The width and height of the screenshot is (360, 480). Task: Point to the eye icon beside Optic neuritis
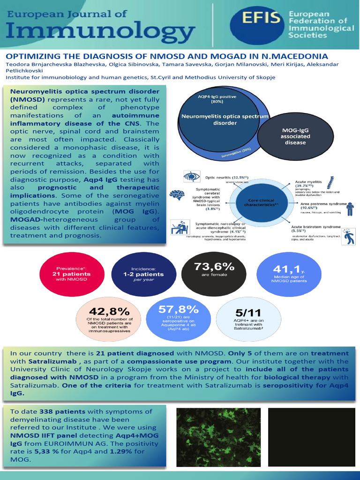click(x=191, y=177)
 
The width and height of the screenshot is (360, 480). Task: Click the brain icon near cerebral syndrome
click(x=176, y=195)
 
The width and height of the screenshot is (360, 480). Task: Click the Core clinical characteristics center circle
click(x=264, y=202)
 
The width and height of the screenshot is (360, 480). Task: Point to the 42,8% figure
click(x=109, y=312)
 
